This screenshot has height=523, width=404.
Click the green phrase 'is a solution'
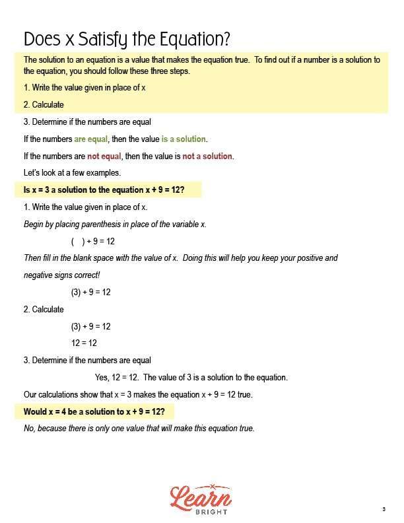(184, 139)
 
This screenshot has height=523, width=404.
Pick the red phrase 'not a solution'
(207, 157)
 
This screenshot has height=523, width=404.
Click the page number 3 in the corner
(383, 508)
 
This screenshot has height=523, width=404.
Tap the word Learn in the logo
(201, 497)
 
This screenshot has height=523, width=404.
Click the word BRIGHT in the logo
(201, 512)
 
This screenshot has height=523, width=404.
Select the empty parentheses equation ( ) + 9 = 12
(92, 242)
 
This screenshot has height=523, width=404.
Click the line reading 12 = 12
(84, 343)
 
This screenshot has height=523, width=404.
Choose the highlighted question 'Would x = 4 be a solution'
(94, 411)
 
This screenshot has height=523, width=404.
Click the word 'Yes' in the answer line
(102, 378)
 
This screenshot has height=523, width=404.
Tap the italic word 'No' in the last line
(28, 429)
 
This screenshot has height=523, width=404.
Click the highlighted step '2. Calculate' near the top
(44, 105)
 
